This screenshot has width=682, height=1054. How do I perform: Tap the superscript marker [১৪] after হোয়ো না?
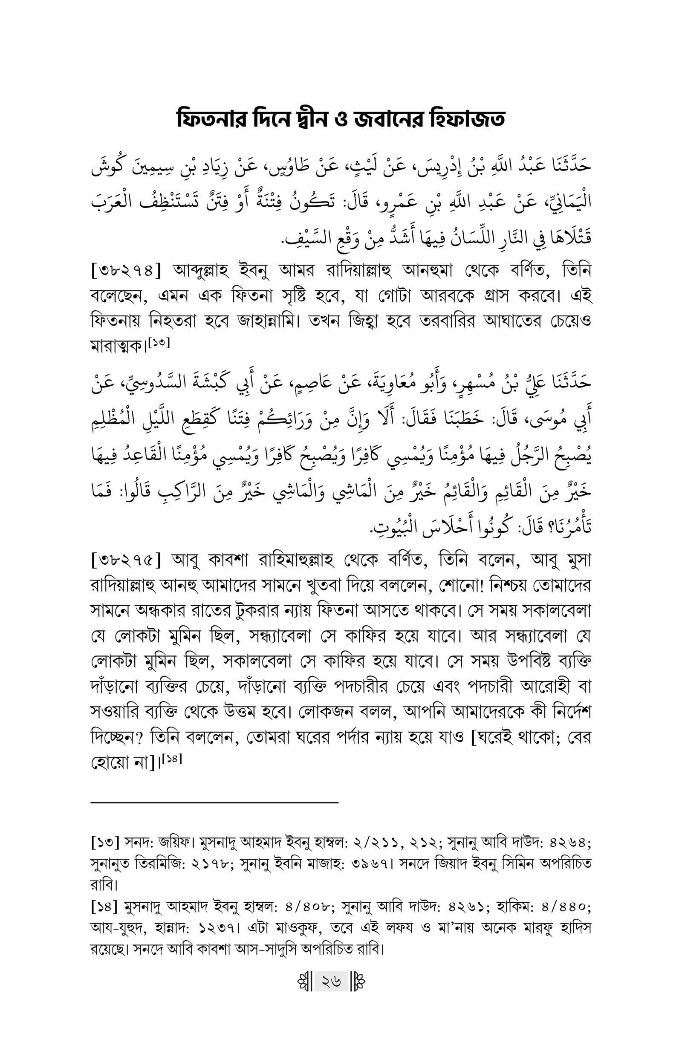tap(172, 759)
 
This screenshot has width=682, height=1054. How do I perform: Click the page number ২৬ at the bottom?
tap(331, 982)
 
